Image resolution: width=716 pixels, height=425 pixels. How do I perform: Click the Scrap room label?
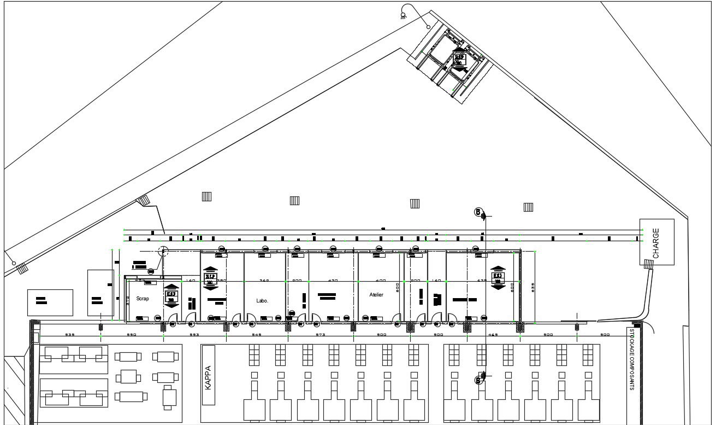(143, 299)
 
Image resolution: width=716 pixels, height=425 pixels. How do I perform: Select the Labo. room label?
(262, 301)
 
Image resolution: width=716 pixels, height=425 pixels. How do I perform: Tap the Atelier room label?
(376, 295)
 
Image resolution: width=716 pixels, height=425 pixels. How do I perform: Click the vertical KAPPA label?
(208, 377)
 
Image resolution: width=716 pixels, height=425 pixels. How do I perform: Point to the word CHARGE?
(656, 243)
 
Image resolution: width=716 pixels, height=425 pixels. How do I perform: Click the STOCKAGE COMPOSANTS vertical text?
(632, 359)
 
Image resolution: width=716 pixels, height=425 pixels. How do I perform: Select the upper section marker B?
(478, 212)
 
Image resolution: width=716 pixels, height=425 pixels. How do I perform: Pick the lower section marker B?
(478, 380)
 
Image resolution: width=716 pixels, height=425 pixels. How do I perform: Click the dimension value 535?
(70, 334)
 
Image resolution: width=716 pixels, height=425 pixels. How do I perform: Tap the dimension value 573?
(320, 334)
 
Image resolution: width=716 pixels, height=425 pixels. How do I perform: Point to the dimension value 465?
(493, 334)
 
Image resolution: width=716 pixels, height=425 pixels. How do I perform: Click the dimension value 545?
(257, 334)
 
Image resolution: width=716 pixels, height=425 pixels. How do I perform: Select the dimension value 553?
(194, 334)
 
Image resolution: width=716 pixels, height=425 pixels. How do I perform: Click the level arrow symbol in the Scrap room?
(171, 294)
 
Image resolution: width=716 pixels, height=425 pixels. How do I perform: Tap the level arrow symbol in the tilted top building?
(459, 59)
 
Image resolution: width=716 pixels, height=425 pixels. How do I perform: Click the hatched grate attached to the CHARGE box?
(648, 264)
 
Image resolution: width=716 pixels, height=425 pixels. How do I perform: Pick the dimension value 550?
(131, 334)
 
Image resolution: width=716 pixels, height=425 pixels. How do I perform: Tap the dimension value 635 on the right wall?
(532, 287)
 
